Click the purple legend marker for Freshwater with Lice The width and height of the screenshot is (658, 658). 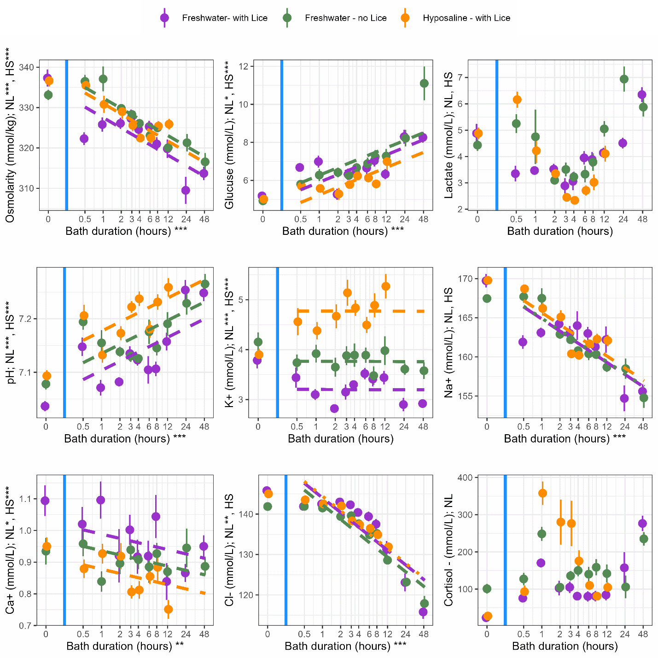click(x=164, y=18)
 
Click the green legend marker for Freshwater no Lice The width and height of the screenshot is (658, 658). click(x=287, y=18)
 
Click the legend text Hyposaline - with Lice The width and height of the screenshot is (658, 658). click(x=466, y=18)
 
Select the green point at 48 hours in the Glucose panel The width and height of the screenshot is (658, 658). click(x=424, y=83)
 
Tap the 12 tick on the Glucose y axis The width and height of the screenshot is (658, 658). click(x=244, y=66)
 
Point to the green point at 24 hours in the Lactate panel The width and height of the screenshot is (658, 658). click(x=624, y=79)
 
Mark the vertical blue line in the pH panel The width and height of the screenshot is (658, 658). click(x=64, y=343)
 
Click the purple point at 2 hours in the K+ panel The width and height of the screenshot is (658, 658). click(x=334, y=408)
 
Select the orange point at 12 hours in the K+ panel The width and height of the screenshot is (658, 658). click(x=386, y=286)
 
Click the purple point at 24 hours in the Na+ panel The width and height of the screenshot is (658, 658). click(x=624, y=398)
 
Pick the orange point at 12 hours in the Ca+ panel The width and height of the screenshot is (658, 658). click(x=169, y=609)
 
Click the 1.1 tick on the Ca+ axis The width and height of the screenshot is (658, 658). click(x=27, y=499)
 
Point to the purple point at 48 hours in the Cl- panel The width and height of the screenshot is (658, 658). click(x=423, y=612)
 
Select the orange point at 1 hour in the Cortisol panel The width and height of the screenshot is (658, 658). click(x=542, y=493)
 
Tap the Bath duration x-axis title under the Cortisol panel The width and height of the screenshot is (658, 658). click(x=565, y=646)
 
